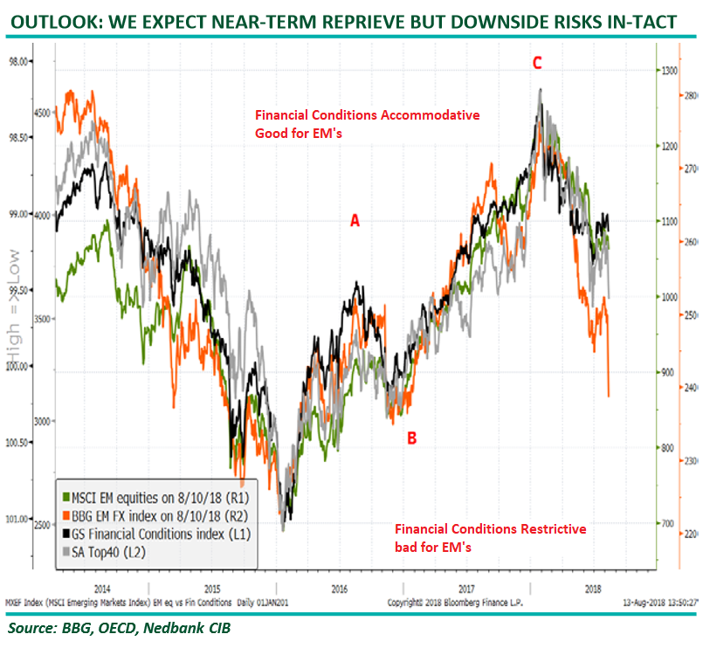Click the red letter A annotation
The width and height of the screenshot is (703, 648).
[355, 222]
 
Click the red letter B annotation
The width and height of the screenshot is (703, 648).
[411, 438]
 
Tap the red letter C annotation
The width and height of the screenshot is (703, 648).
[537, 63]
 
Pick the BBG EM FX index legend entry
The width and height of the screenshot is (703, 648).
[149, 503]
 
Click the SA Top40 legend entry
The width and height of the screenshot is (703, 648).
[113, 535]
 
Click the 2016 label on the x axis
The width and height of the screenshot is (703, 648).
[340, 589]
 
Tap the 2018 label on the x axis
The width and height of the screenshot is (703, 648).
[595, 589]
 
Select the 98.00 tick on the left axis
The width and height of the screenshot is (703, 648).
[17, 61]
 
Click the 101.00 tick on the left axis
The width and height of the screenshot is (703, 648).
[17, 520]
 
